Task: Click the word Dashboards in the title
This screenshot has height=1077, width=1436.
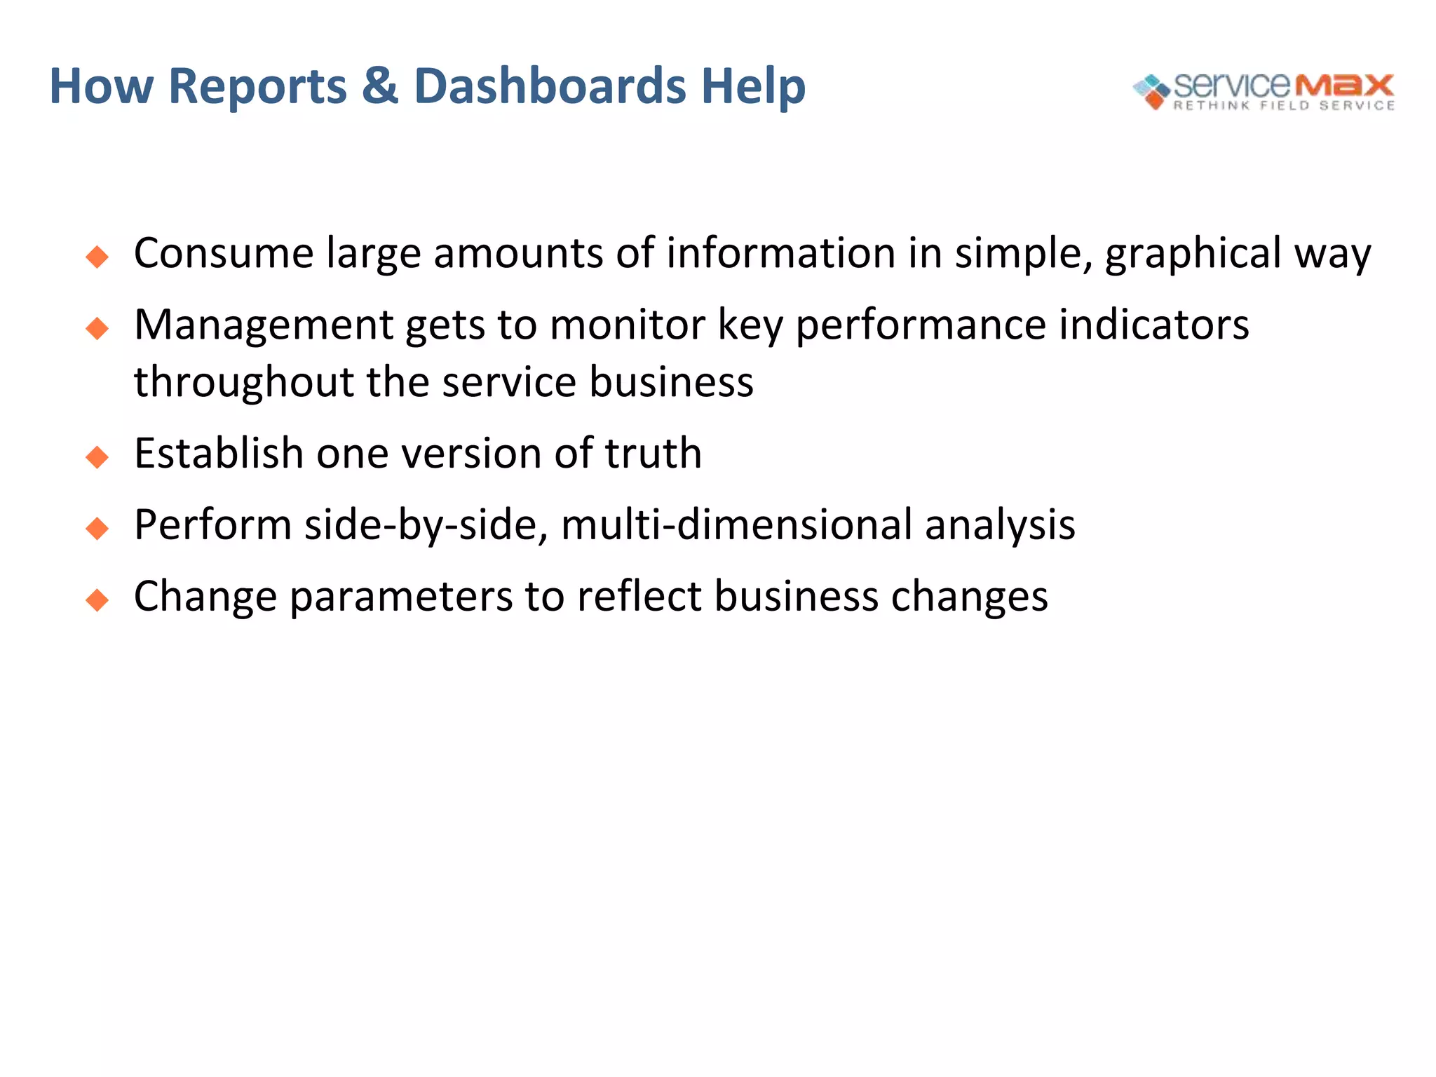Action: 550,86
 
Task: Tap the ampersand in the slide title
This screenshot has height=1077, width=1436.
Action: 380,86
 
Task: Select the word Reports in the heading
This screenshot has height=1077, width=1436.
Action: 258,86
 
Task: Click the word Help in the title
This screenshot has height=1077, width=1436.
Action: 753,86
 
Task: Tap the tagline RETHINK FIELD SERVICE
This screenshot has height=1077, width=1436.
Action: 1284,106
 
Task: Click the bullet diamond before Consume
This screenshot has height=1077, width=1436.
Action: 97,257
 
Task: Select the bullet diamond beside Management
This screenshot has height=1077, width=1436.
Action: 97,328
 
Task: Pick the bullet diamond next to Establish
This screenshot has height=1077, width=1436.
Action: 97,457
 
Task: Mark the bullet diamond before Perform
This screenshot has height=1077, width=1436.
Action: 97,529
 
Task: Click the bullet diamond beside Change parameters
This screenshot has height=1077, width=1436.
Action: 97,600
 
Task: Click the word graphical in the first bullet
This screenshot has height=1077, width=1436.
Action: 1193,254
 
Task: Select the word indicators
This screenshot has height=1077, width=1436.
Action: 1153,325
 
